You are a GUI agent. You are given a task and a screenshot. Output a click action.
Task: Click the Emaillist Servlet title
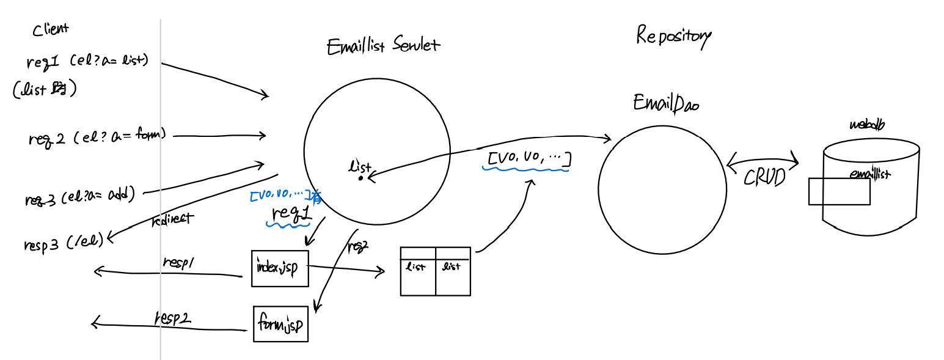(x=384, y=46)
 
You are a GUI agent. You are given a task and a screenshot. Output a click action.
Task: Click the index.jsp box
(x=280, y=268)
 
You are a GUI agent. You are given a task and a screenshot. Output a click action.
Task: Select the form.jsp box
(x=280, y=323)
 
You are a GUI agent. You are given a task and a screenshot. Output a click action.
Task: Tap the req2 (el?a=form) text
(x=97, y=137)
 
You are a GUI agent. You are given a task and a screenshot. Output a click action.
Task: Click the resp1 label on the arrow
(x=178, y=261)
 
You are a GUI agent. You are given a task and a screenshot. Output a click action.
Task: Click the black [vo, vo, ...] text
(x=528, y=160)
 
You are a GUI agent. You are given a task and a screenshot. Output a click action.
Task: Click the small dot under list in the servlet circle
(x=361, y=178)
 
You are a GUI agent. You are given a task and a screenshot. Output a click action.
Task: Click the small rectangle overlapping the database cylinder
(x=838, y=191)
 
